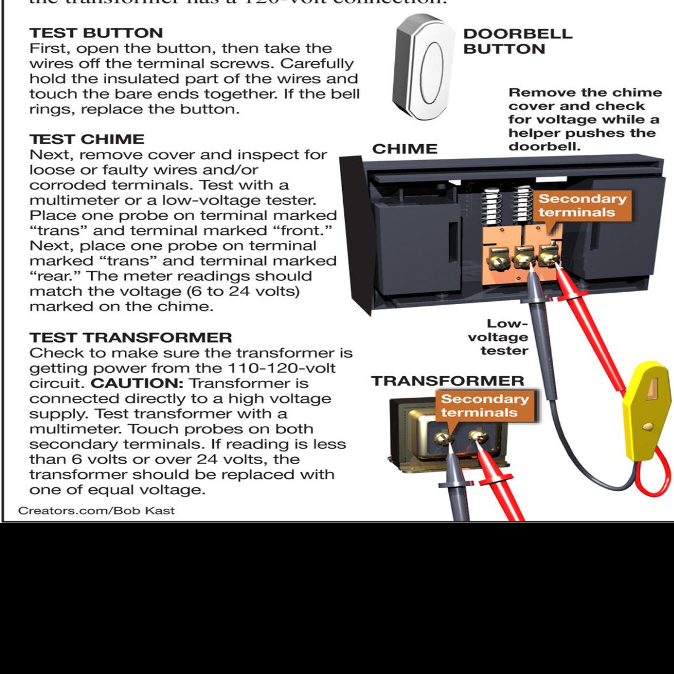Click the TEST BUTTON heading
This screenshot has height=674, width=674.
click(96, 33)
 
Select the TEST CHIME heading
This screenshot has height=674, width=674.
click(87, 139)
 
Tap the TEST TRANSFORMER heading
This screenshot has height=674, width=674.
click(130, 338)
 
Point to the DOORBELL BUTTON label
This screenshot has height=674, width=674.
click(517, 41)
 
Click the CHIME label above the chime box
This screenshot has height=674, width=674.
click(405, 149)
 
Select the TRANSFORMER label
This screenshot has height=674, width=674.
click(448, 381)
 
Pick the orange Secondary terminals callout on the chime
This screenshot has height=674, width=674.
click(582, 205)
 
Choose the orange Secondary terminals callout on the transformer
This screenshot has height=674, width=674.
click(485, 405)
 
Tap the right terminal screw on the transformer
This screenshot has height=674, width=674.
click(480, 436)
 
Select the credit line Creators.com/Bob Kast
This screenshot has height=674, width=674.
click(96, 510)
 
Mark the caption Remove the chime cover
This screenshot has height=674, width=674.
click(584, 119)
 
